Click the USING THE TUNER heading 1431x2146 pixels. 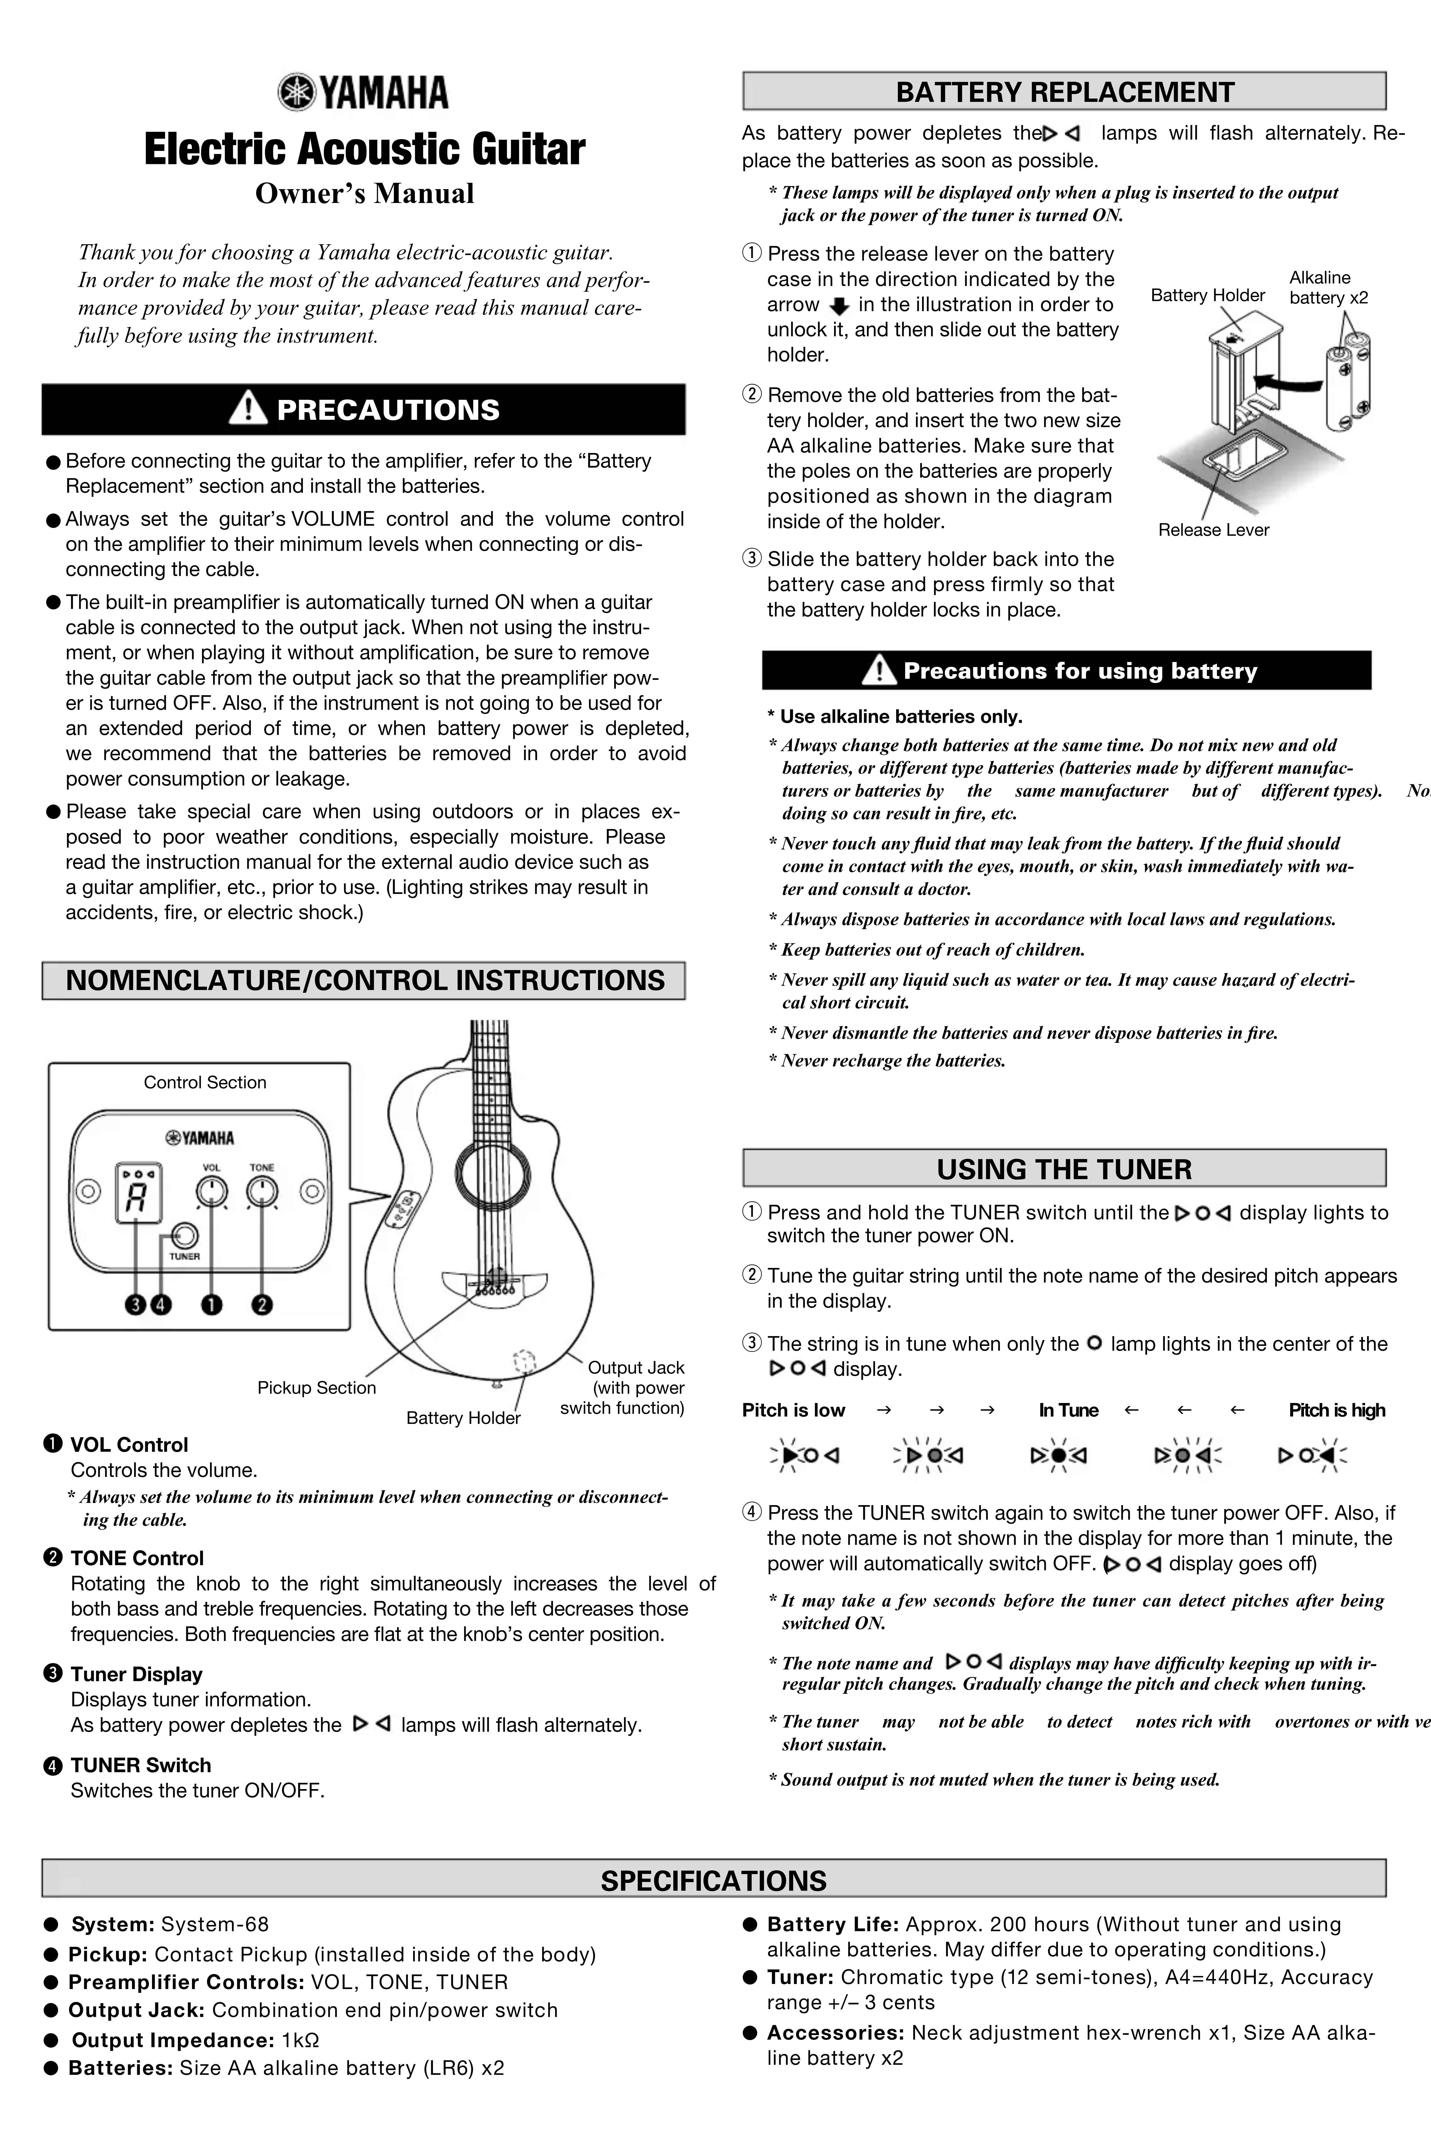pyautogui.click(x=1064, y=1169)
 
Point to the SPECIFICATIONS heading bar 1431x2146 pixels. pyautogui.click(x=714, y=1880)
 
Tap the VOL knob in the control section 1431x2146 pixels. pyautogui.click(x=212, y=1191)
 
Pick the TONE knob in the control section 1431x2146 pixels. pyautogui.click(x=262, y=1191)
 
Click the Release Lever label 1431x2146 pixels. pyautogui.click(x=1213, y=530)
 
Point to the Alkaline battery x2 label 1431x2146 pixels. pyautogui.click(x=1328, y=287)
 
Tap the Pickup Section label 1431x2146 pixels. pyautogui.click(x=317, y=1388)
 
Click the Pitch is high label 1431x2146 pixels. pyautogui.click(x=1336, y=1411)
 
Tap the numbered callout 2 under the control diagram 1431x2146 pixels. pyautogui.click(x=262, y=1305)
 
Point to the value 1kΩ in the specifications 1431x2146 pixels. pyautogui.click(x=300, y=2040)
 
